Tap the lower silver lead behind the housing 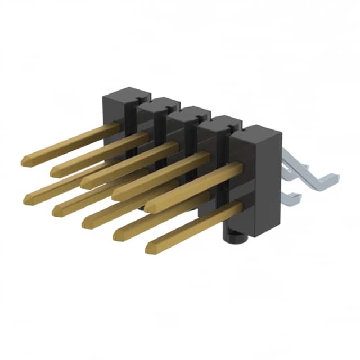292,196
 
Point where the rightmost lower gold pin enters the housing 240,206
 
